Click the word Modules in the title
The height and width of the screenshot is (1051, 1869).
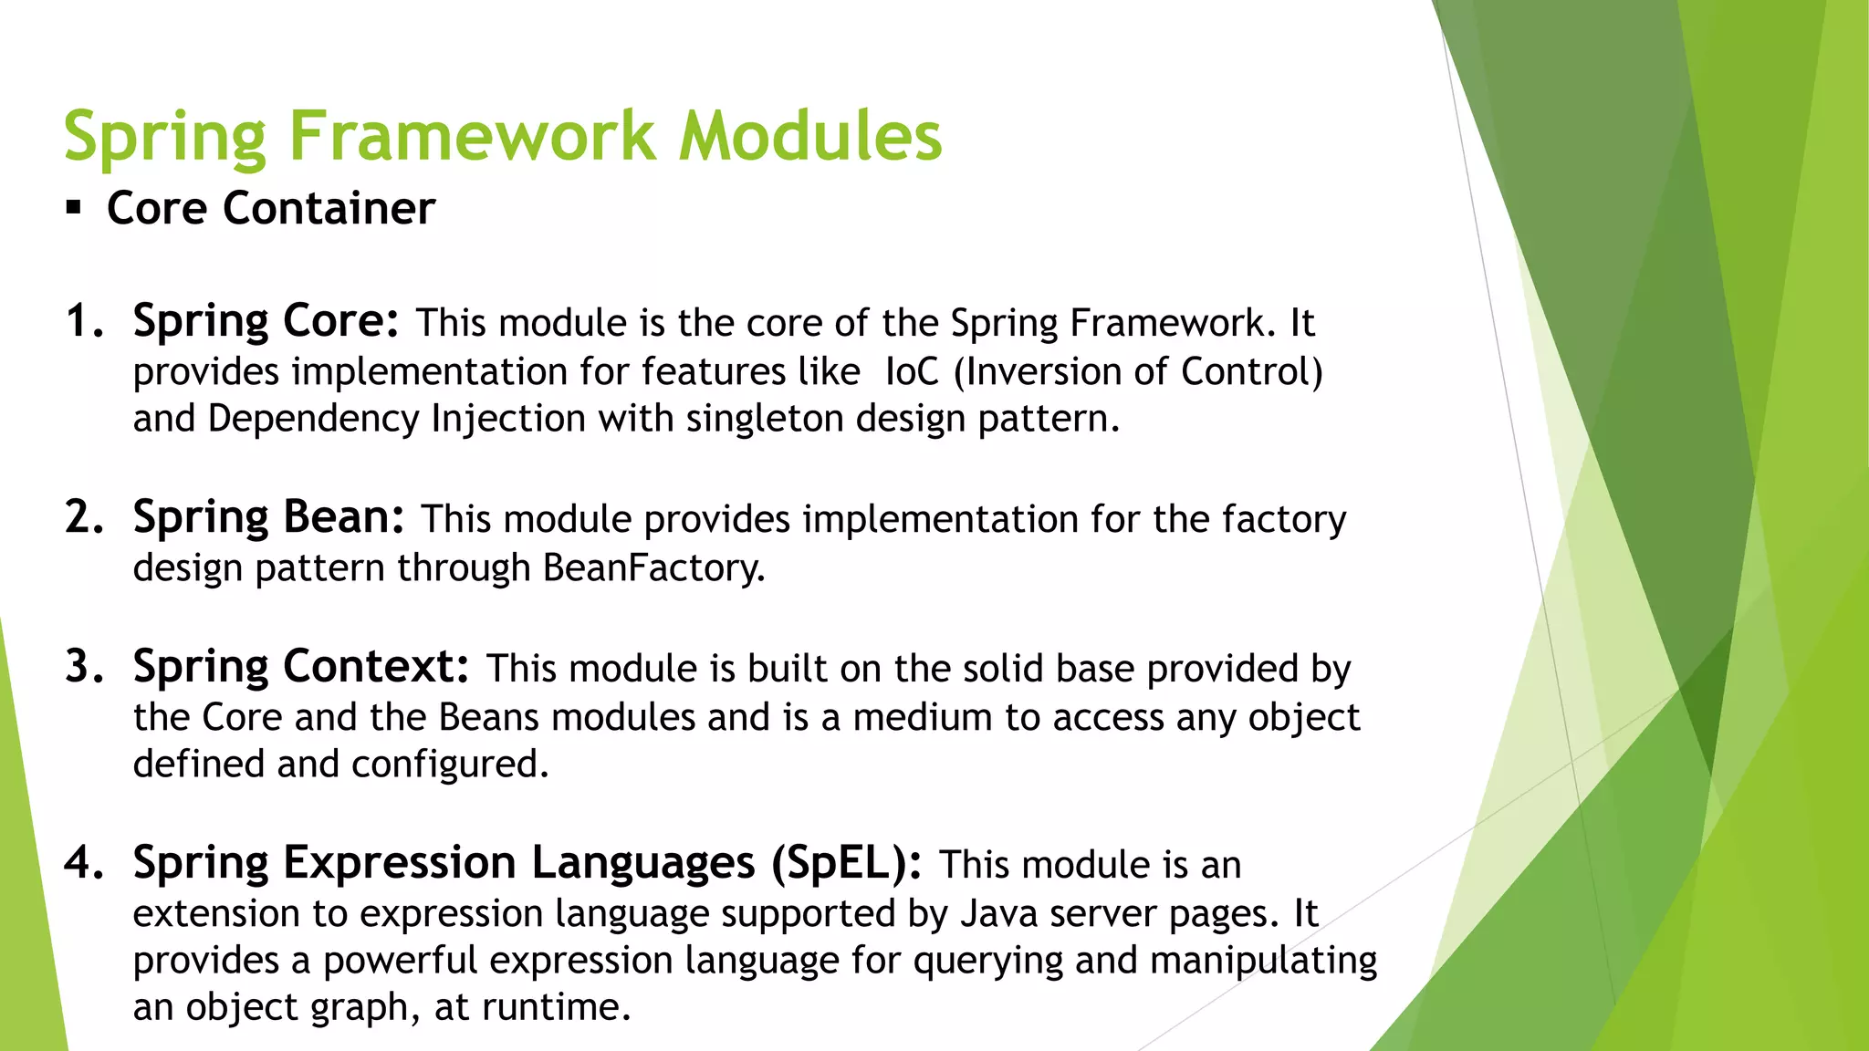810,137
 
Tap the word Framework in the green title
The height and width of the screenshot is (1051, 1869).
472,137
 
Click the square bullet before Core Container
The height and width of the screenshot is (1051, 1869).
74,208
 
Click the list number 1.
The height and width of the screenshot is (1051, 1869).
84,321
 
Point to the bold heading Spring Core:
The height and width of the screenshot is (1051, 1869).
266,321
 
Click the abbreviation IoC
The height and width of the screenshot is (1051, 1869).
912,371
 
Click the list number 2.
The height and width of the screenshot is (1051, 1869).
84,517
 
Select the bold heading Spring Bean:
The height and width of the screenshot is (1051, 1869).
268,517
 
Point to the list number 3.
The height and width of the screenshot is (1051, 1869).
84,667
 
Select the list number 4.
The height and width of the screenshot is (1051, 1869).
84,863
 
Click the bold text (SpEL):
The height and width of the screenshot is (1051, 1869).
846,863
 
